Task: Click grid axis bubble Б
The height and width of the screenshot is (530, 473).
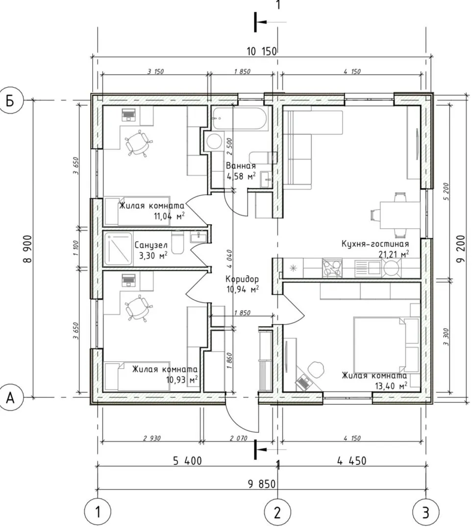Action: pos(11,101)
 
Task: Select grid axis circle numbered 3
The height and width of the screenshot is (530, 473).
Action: pos(426,512)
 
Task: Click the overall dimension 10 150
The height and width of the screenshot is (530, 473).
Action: pos(262,52)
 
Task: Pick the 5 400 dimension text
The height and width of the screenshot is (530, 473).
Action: pos(187,461)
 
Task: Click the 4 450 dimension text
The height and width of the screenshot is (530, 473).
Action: pos(351,461)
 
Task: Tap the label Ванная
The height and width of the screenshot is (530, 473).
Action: pos(241,166)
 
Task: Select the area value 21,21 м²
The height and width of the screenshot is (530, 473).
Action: pos(394,254)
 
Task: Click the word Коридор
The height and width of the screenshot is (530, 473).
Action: pos(242,279)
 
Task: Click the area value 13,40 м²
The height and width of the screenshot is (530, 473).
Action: pos(391,385)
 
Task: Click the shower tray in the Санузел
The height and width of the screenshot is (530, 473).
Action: pos(118,249)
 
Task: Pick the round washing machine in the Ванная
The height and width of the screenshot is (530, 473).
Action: pos(214,141)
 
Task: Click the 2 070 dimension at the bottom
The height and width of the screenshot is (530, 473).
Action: pos(238,438)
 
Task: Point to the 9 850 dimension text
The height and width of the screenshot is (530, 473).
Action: pos(262,484)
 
